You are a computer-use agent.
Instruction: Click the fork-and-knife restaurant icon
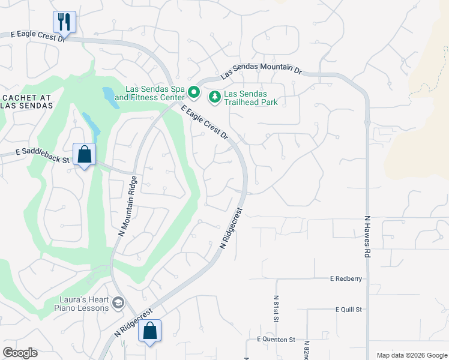[63, 22]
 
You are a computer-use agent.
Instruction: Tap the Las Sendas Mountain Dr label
[261, 70]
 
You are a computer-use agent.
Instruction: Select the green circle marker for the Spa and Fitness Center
[193, 93]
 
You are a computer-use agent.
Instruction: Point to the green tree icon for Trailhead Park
[214, 96]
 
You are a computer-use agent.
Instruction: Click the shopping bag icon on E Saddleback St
[85, 154]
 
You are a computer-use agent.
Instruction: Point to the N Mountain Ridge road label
[128, 206]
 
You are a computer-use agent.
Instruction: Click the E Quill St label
[349, 309]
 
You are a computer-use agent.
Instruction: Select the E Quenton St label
[276, 339]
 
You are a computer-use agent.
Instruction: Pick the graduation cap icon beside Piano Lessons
[118, 303]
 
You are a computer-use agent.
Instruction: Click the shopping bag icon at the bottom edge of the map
[149, 331]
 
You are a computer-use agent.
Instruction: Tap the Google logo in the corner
[20, 353]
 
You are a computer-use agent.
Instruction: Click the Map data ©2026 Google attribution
[411, 355]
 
